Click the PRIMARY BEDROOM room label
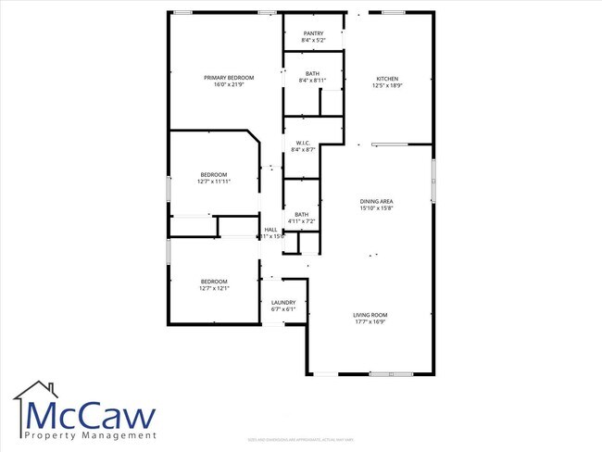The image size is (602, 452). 223,78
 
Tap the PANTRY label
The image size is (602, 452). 312,33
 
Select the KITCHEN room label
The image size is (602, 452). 387,78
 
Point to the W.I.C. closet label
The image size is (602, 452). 302,143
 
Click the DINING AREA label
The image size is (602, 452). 377,201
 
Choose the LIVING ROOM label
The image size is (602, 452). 370,315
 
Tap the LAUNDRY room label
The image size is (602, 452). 282,302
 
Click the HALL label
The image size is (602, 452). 270,230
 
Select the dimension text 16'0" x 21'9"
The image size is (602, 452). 223,85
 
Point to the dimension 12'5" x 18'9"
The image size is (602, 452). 387,85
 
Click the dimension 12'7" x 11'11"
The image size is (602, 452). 213,182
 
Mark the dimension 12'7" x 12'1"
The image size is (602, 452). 214,288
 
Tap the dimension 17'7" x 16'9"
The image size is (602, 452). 370,322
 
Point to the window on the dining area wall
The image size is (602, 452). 433,179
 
